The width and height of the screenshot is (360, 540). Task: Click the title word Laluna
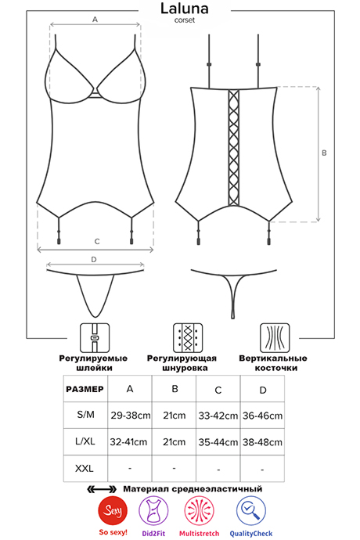[185, 9]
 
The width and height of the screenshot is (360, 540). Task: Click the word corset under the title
[185, 20]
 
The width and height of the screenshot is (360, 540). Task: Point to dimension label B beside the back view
[324, 153]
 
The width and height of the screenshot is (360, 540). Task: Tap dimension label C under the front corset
[97, 242]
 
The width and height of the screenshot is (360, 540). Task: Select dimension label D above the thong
[94, 260]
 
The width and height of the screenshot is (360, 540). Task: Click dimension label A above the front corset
[95, 20]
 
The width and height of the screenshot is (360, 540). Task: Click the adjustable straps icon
[95, 338]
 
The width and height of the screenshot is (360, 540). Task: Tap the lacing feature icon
[187, 338]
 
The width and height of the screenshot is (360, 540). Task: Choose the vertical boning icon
[275, 338]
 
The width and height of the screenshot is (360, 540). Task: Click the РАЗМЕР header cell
[85, 389]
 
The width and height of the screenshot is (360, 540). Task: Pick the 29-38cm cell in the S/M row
[130, 416]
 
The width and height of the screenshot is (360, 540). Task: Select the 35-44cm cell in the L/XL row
[218, 442]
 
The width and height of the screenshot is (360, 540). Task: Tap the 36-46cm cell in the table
[262, 416]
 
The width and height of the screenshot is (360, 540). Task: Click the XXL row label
[85, 468]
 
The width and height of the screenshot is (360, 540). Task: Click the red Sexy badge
[113, 510]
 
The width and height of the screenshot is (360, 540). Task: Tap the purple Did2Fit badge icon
[153, 511]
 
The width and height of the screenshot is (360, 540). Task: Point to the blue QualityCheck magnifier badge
[250, 511]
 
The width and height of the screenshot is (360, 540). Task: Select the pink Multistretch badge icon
[199, 511]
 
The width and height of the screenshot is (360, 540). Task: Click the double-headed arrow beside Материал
[102, 489]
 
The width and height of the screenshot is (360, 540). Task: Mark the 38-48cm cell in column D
[262, 442]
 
